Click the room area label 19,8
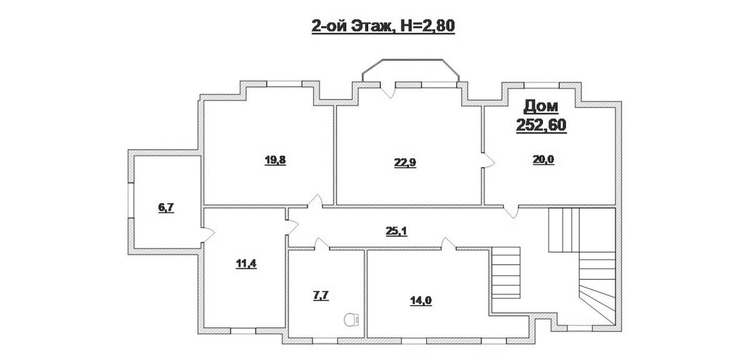pos(275,161)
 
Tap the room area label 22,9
pos(405,163)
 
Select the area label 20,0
pos(544,160)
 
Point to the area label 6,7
pos(166,208)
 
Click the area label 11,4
pos(246,264)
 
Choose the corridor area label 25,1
pos(396,231)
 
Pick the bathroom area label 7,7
pos(321,296)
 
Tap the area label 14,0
pos(421,301)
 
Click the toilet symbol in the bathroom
pos(351,319)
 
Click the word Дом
pos(541,107)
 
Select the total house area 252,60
pos(541,125)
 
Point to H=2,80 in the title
pos(428,26)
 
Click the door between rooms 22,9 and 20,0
pos(488,161)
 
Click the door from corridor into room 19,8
pos(315,202)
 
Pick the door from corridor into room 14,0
pos(448,244)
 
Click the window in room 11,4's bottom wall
pos(243,331)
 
